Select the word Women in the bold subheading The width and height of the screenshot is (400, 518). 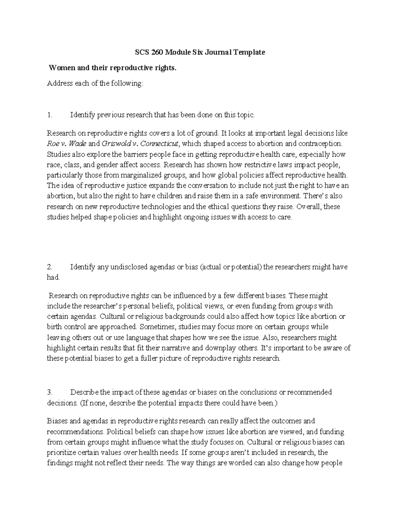pyautogui.click(x=61, y=68)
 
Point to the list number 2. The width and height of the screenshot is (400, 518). pyautogui.click(x=50, y=267)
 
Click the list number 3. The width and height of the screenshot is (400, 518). pyautogui.click(x=50, y=392)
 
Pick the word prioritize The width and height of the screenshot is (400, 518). pyautogui.click(x=61, y=453)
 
